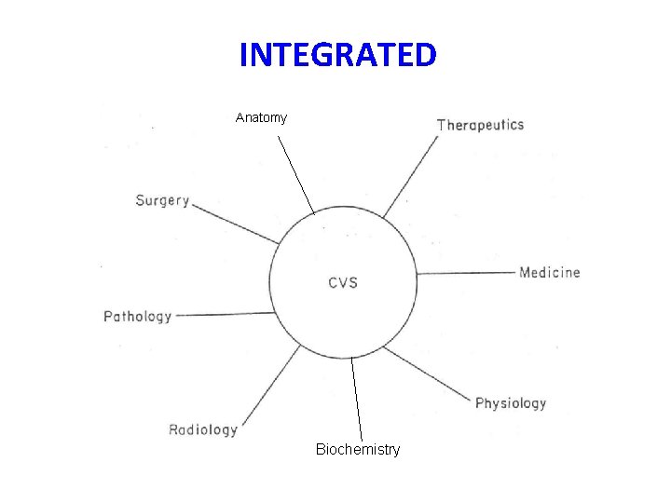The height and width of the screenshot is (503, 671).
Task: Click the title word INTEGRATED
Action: (x=336, y=56)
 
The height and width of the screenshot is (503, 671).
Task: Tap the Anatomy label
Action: (x=261, y=118)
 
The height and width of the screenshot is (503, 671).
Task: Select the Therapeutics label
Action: (x=480, y=125)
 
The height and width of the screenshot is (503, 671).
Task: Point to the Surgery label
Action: (x=162, y=200)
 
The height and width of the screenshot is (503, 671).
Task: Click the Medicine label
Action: (x=549, y=273)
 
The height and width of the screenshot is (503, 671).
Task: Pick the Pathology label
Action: (x=137, y=317)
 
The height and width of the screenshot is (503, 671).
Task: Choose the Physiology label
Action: (x=510, y=403)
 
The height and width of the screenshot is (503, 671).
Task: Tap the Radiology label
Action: (x=202, y=429)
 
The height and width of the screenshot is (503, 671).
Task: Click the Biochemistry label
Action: (x=358, y=450)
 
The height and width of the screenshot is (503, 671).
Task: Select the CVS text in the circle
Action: (x=343, y=282)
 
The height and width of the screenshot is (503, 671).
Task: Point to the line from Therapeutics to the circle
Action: (x=410, y=177)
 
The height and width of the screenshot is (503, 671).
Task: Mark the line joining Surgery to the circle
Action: (x=235, y=224)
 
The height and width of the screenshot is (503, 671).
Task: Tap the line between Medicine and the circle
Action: (x=466, y=273)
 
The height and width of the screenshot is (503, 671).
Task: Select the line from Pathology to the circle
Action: (x=226, y=314)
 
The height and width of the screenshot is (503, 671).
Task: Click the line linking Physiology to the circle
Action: (x=429, y=375)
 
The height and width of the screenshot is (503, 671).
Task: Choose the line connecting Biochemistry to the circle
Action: (x=356, y=401)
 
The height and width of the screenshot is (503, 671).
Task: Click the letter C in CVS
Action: (x=333, y=282)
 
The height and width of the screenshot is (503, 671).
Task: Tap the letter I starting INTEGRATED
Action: (x=243, y=56)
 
